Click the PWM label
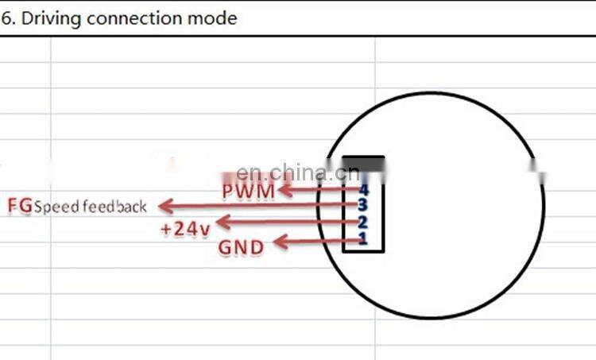[x=248, y=192]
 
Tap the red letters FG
[x=20, y=206]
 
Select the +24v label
[x=185, y=229]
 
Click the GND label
[x=241, y=247]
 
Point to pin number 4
[x=363, y=190]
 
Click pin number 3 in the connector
[x=363, y=205]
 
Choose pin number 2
[x=363, y=223]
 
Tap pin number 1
[x=363, y=239]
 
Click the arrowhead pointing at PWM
[x=286, y=190]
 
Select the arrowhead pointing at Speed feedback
[x=166, y=207]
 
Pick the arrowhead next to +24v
[x=224, y=222]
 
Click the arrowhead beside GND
[x=281, y=242]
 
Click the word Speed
[x=57, y=207]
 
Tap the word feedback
[x=114, y=207]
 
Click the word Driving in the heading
[x=52, y=18]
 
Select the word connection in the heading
[x=134, y=18]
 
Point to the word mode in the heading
[x=212, y=18]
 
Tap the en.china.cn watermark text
[x=298, y=173]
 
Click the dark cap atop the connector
[x=363, y=164]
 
